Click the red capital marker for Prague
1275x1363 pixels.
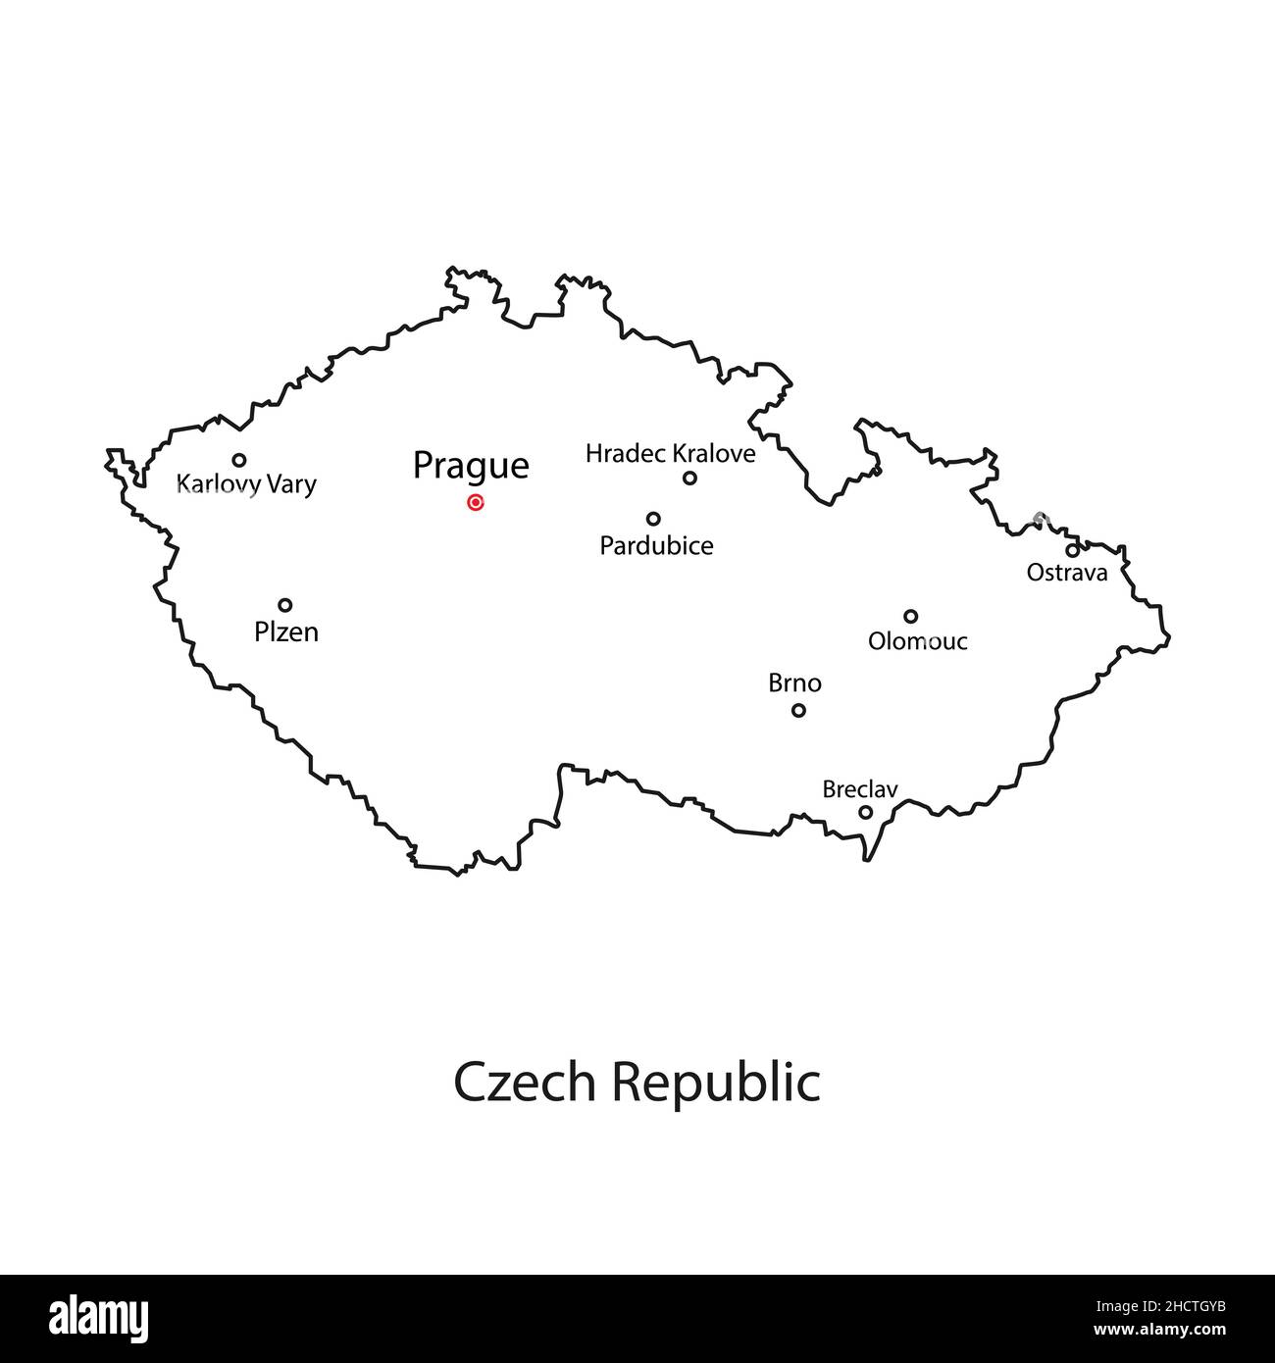(x=476, y=503)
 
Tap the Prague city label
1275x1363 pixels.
(x=471, y=466)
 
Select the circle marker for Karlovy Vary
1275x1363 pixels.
(x=238, y=460)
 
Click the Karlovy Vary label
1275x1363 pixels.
(x=246, y=483)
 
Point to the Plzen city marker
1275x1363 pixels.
(x=284, y=605)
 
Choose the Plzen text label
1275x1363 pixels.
(x=286, y=632)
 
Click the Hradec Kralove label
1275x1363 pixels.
(x=671, y=454)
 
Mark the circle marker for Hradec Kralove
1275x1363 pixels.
(x=689, y=479)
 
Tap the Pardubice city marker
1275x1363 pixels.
(x=653, y=519)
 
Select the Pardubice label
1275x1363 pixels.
(x=656, y=546)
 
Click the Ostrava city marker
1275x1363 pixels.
(x=1072, y=550)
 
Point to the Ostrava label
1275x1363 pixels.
(x=1067, y=573)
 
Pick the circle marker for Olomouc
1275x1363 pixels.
(x=910, y=617)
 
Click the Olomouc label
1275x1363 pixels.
(x=918, y=641)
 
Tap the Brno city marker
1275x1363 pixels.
(x=798, y=710)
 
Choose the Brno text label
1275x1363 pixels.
(x=794, y=683)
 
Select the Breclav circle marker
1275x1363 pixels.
(x=865, y=812)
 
